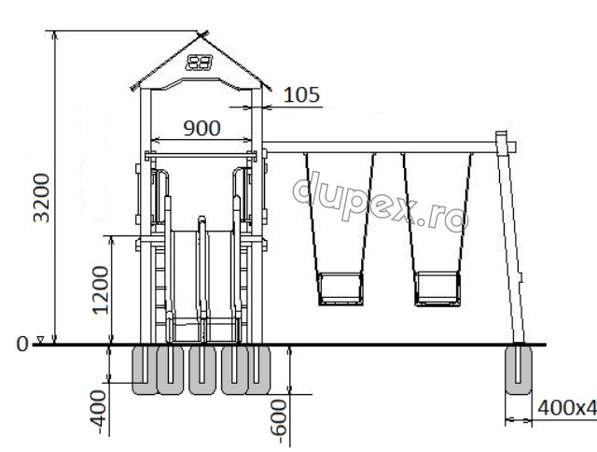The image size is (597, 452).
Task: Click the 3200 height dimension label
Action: tap(41, 198)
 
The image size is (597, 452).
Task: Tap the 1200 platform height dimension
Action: tap(101, 290)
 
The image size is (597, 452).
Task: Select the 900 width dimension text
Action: tap(201, 128)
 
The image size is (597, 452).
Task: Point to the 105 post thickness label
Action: tap(301, 94)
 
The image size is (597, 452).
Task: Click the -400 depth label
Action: tap(98, 412)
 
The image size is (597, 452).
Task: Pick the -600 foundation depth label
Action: tap(278, 421)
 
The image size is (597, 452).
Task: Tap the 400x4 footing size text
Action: tap(567, 408)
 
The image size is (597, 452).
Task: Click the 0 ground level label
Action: tap(22, 345)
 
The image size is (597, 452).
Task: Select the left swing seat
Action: tap(340, 289)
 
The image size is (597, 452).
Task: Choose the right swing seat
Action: tap(437, 289)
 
